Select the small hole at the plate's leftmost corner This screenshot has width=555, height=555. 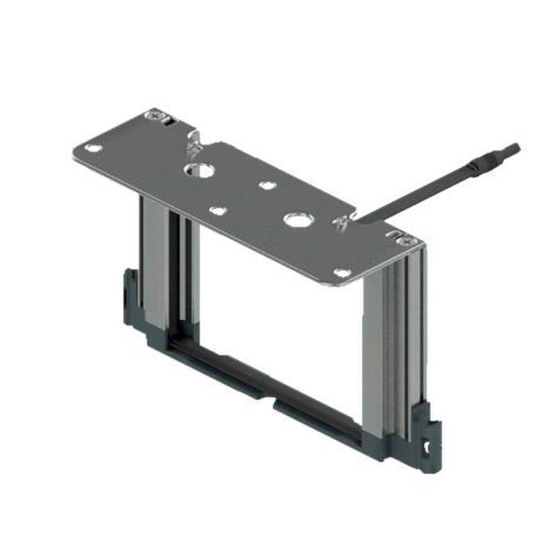[x=92, y=148]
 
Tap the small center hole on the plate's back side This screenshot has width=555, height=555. [x=265, y=185]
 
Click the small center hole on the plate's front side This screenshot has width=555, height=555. [x=217, y=211]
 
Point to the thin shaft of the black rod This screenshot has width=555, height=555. [x=416, y=187]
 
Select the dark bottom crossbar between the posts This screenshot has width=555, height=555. [x=277, y=388]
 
